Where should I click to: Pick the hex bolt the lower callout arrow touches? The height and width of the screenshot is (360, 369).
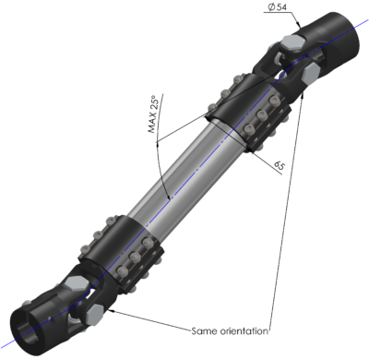[101, 314]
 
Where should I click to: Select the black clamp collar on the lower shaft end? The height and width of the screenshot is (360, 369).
[125, 245]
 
